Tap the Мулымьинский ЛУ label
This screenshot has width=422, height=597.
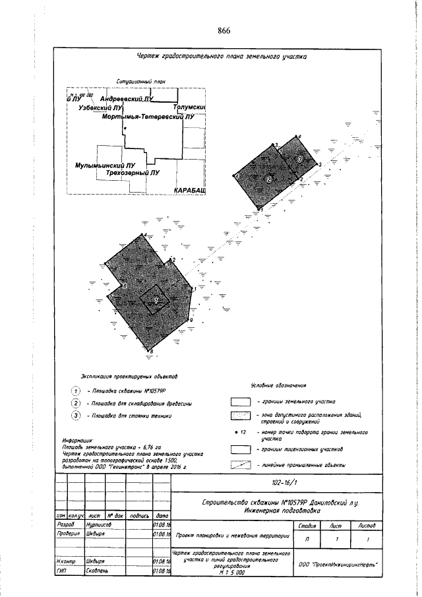point(105,165)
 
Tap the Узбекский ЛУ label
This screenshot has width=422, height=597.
point(101,107)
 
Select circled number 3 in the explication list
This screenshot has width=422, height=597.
point(76,416)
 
